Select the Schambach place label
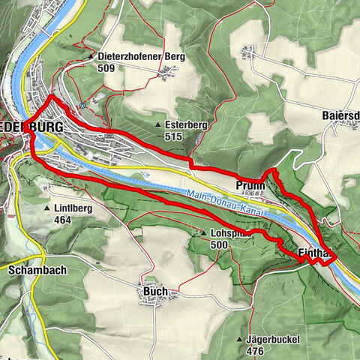[34, 269]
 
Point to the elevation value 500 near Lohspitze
[220, 244]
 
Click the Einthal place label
[314, 253]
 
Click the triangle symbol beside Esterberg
[158, 125]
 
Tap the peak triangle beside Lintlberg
[49, 208]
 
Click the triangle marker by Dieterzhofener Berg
[91, 55]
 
